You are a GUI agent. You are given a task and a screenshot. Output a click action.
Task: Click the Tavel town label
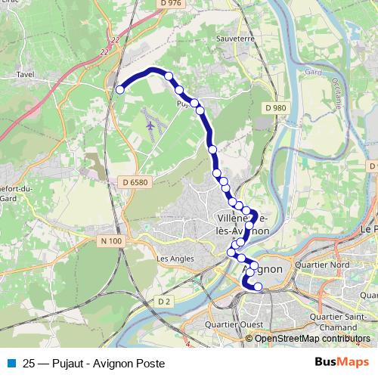[x=26, y=76]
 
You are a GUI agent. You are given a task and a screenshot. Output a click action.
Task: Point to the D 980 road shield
[x=276, y=108]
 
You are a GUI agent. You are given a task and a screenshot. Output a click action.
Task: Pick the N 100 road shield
[x=110, y=241]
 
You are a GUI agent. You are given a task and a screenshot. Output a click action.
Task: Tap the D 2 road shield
[x=164, y=301]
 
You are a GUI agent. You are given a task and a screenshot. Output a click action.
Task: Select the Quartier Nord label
[x=326, y=265]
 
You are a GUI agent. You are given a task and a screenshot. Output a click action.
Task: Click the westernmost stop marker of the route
[x=119, y=90]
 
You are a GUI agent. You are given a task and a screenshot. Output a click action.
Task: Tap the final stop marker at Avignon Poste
[x=258, y=287]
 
